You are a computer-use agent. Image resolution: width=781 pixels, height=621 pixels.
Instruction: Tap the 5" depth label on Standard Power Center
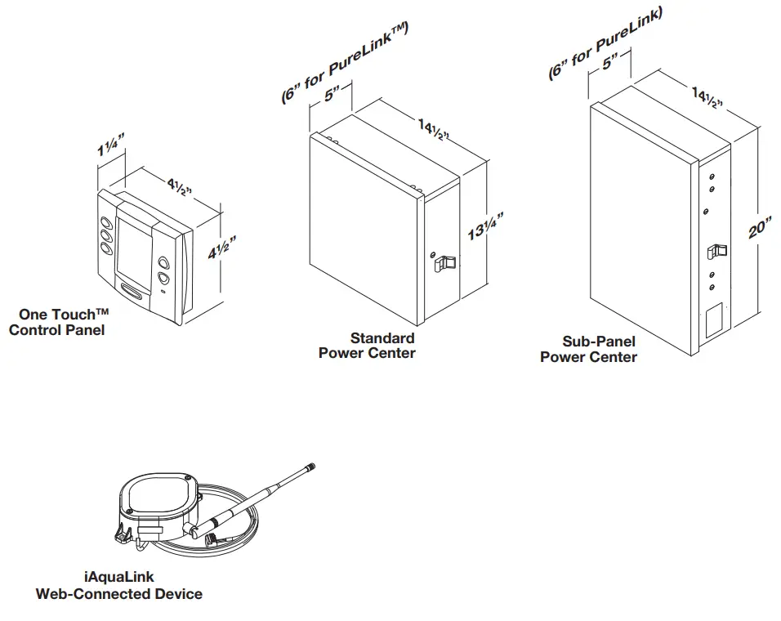(x=331, y=95)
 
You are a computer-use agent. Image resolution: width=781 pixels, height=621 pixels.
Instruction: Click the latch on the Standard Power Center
(x=442, y=263)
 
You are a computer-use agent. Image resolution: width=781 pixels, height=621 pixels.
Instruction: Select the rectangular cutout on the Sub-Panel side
(x=712, y=319)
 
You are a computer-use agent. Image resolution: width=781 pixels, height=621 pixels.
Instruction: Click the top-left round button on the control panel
(x=107, y=222)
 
